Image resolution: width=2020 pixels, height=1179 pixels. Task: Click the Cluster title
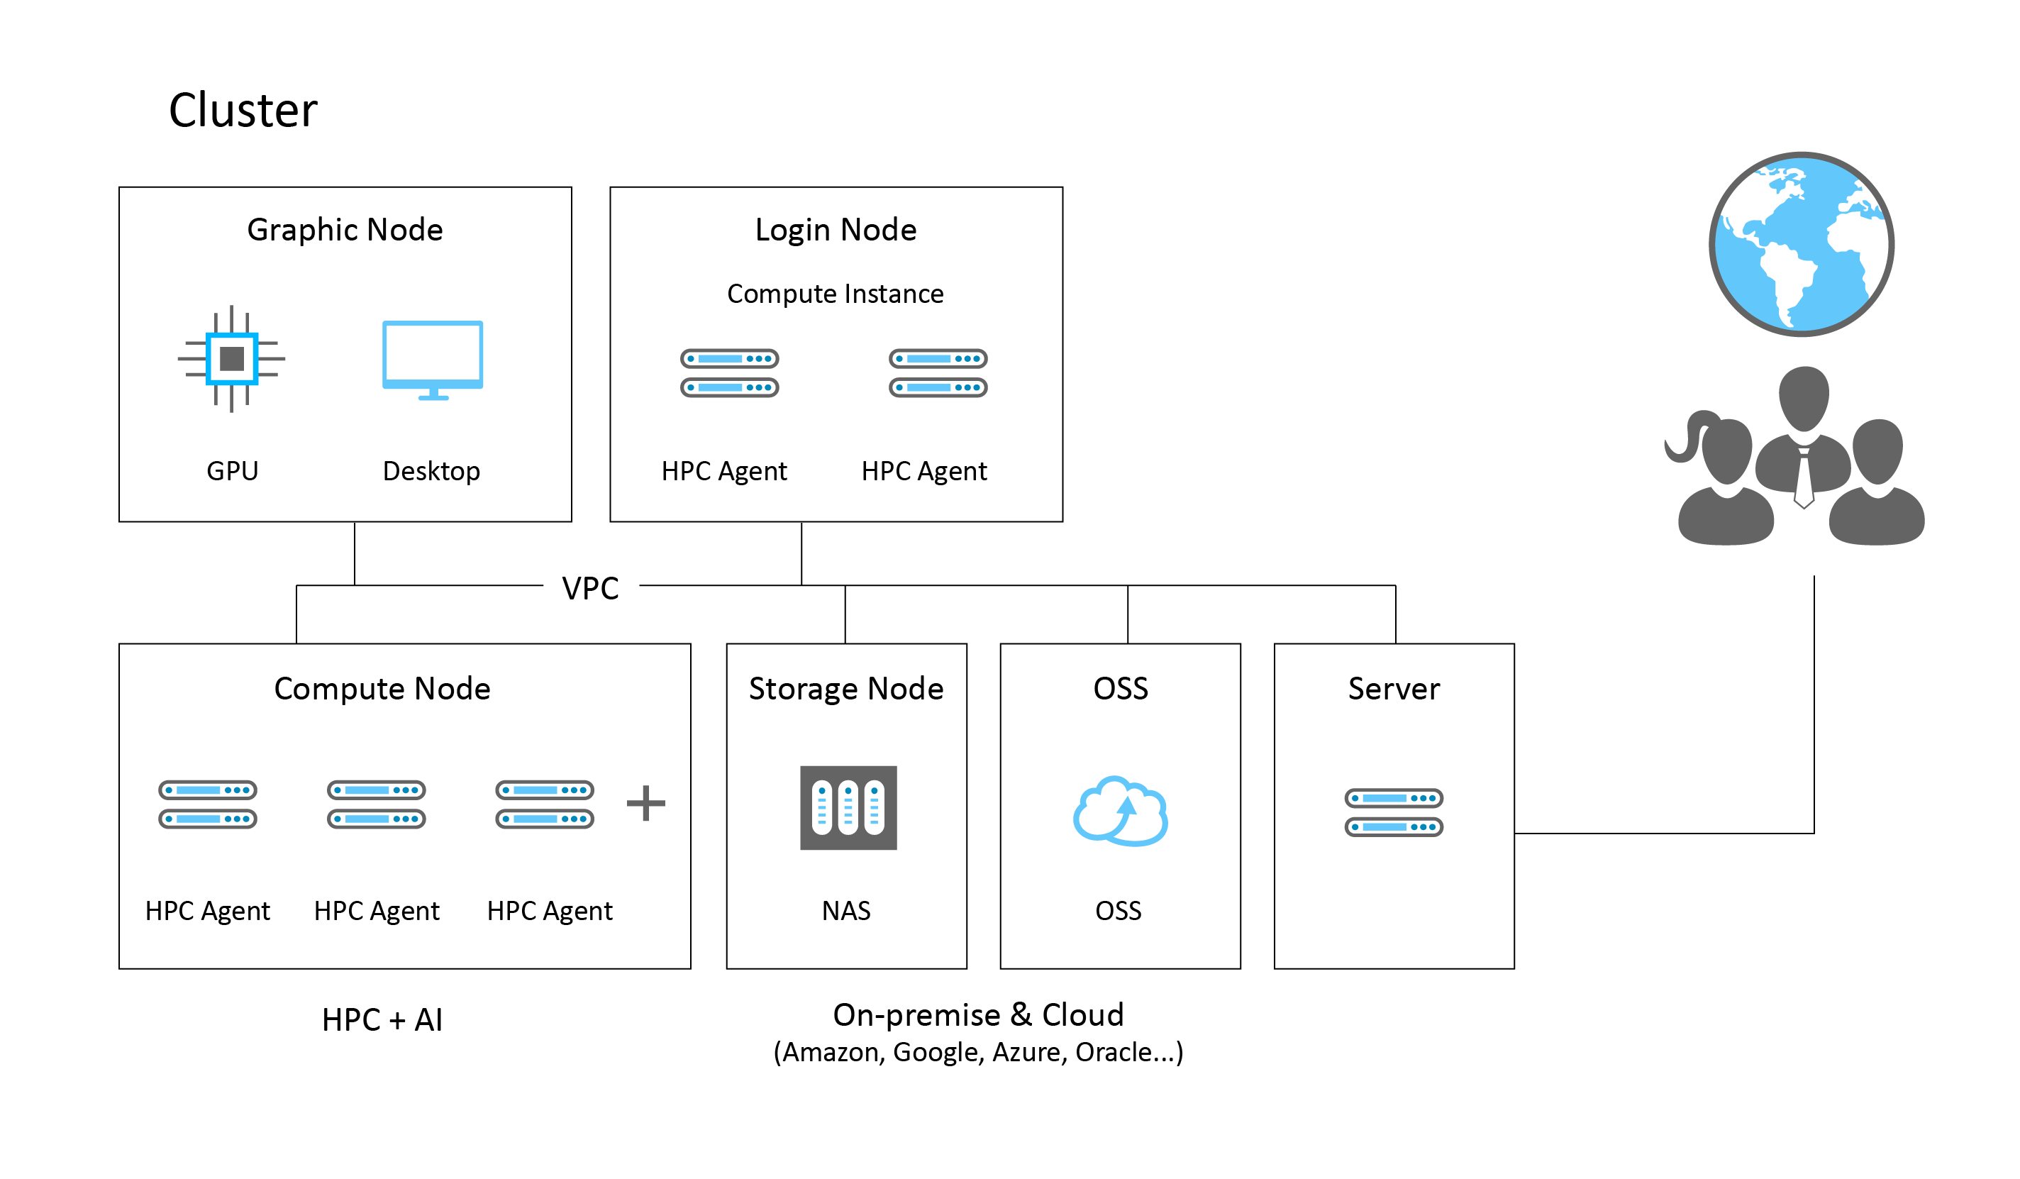pyautogui.click(x=243, y=110)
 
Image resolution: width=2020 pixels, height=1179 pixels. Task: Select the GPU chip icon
pyautogui.click(x=232, y=358)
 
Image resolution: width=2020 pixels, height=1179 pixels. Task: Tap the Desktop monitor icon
pyautogui.click(x=433, y=360)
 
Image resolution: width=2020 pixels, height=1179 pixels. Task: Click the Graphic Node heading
pyautogui.click(x=345, y=231)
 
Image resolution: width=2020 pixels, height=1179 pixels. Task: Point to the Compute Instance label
pyautogui.click(x=836, y=294)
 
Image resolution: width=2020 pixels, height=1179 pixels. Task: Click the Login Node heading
pyautogui.click(x=836, y=231)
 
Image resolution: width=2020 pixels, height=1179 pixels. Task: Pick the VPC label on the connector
pyautogui.click(x=591, y=588)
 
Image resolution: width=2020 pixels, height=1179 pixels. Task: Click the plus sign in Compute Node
pyautogui.click(x=646, y=803)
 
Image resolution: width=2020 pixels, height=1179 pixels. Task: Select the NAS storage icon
pyautogui.click(x=848, y=808)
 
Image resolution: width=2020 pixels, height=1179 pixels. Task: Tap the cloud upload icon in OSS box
pyautogui.click(x=1121, y=810)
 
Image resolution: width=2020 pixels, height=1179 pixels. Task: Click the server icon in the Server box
pyautogui.click(x=1394, y=812)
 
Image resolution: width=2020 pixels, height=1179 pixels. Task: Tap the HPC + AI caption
pyautogui.click(x=382, y=1020)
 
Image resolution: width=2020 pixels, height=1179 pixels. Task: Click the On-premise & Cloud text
pyautogui.click(x=978, y=1016)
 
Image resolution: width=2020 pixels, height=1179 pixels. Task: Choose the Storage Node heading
pyautogui.click(x=846, y=690)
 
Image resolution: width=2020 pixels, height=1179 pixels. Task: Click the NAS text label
pyautogui.click(x=846, y=912)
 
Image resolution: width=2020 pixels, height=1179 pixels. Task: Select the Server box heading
pyautogui.click(x=1394, y=690)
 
